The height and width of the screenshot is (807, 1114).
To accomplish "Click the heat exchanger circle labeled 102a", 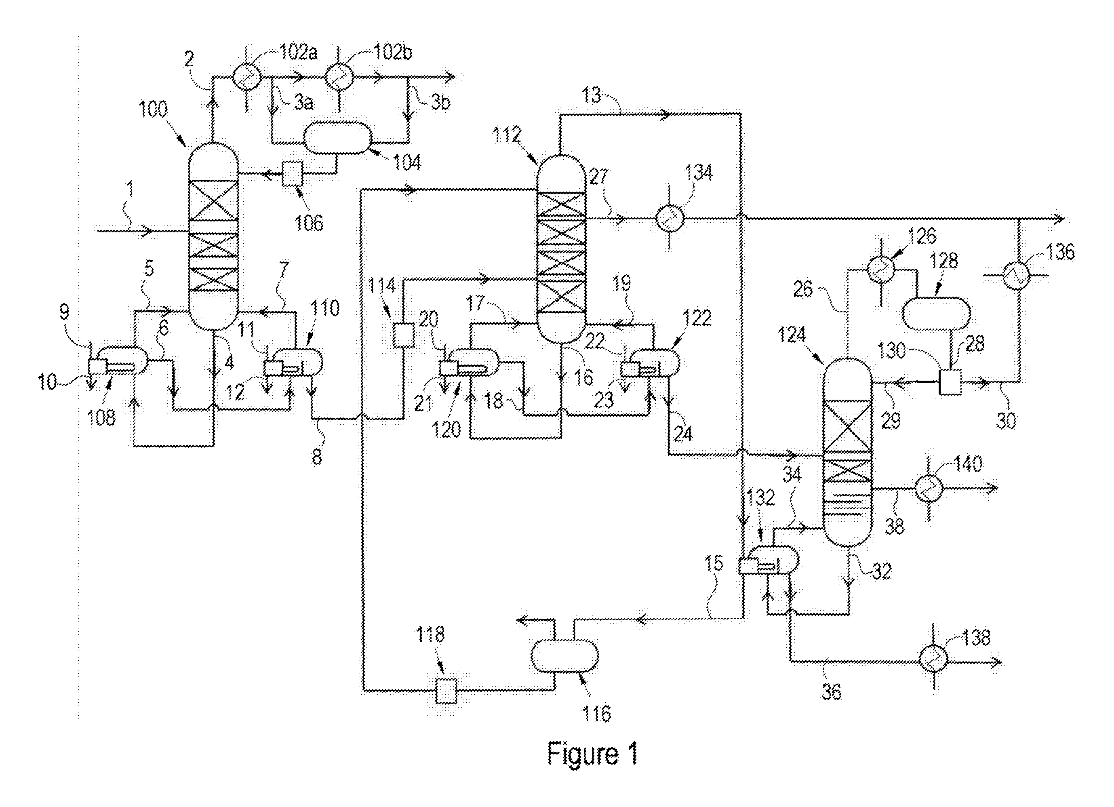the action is coord(245,77).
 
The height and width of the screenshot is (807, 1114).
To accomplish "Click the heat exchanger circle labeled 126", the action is coord(880,269).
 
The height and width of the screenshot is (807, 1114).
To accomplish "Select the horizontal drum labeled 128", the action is coord(937,313).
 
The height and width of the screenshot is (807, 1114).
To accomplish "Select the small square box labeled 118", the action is coord(446,691).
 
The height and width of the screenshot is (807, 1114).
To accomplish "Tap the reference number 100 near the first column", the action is coord(154,109).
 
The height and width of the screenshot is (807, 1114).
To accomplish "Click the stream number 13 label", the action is coord(592,95).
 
